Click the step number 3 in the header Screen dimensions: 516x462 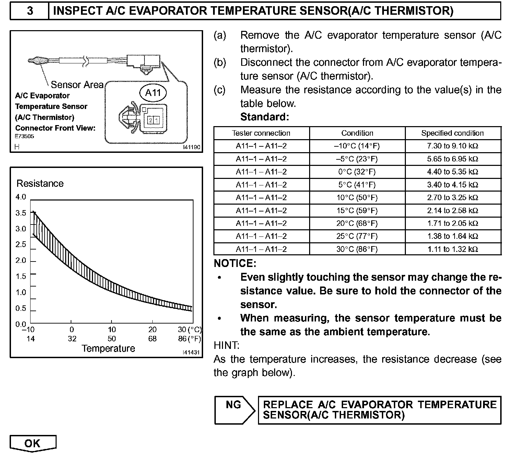[x=30, y=11]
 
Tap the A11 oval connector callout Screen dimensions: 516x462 [x=153, y=93]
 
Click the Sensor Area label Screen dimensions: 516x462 [x=77, y=85]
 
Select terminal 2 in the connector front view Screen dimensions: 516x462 [x=150, y=120]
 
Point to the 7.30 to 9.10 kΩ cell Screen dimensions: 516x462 [x=453, y=146]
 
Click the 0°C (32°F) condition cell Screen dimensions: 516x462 [x=357, y=172]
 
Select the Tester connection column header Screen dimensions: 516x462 [x=261, y=133]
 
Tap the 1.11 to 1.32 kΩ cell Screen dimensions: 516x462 [x=453, y=249]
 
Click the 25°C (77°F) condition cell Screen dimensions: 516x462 [x=357, y=236]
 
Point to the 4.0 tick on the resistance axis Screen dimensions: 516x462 [x=21, y=197]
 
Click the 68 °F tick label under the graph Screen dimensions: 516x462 [x=152, y=339]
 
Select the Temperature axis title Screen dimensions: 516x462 [x=108, y=349]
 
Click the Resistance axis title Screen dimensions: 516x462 [x=40, y=183]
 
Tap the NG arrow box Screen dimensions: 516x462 [x=235, y=410]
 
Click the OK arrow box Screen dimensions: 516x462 [x=33, y=443]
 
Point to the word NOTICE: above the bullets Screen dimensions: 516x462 [x=235, y=264]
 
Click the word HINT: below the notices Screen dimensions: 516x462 [x=226, y=345]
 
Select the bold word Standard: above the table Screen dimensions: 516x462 [x=265, y=117]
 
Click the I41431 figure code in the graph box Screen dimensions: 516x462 [x=191, y=353]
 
